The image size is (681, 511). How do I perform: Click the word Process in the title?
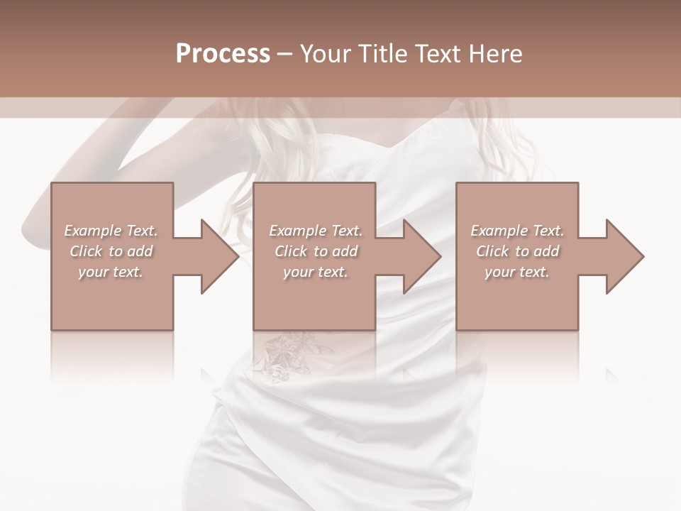point(223,54)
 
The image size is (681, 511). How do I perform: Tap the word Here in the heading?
point(496,54)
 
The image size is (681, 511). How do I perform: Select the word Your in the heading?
point(326,54)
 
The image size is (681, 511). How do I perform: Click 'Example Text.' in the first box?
point(111,231)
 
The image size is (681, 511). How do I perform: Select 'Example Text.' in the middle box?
point(316,231)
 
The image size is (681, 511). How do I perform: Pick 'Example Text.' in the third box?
point(517,231)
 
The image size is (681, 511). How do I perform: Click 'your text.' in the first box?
point(111,272)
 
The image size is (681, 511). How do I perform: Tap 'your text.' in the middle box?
point(316,272)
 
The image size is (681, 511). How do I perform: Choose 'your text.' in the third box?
point(517,272)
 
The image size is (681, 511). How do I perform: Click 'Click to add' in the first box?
point(111,251)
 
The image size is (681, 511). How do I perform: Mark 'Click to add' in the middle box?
point(316,251)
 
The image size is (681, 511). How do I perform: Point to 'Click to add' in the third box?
point(517,251)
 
